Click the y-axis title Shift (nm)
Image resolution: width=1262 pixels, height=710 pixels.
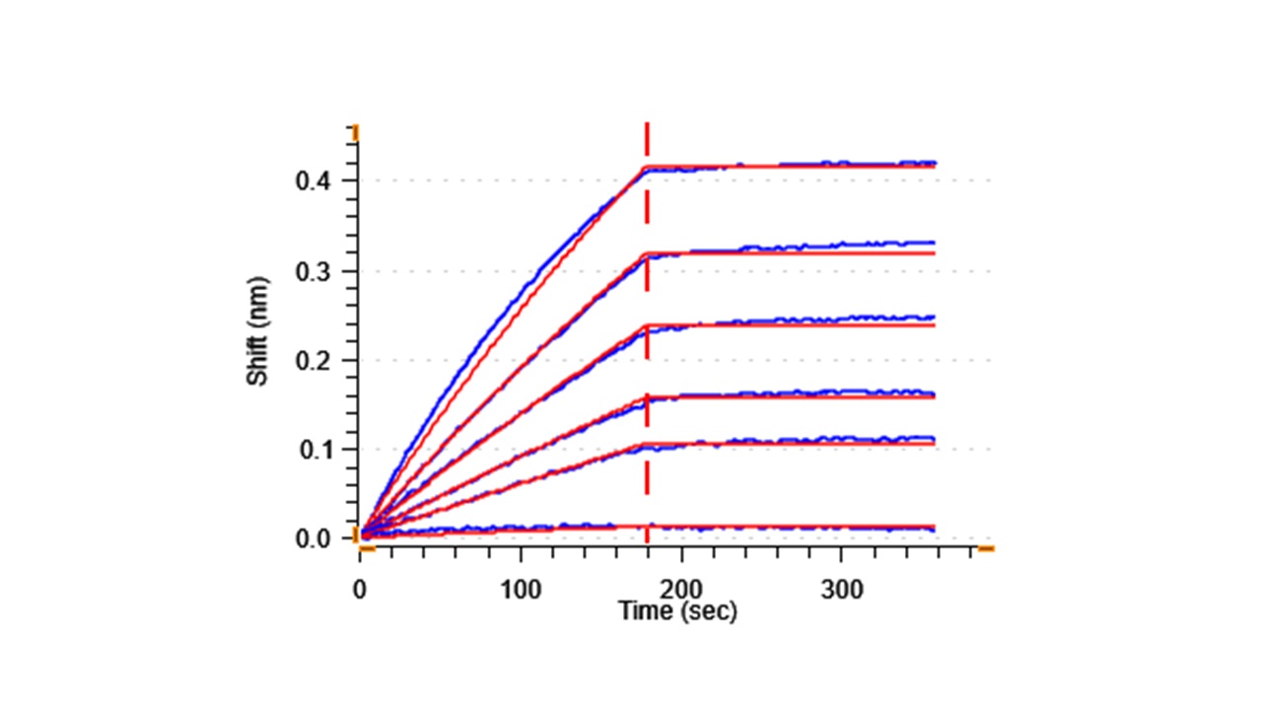[x=258, y=336]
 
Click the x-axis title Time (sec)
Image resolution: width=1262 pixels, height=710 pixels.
[x=677, y=611]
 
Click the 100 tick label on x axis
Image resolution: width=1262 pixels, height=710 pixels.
[x=521, y=590]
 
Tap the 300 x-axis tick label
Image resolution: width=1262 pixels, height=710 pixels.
[x=842, y=590]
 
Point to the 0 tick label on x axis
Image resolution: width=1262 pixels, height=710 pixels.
[x=360, y=590]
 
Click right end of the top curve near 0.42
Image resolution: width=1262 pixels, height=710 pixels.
[x=933, y=163]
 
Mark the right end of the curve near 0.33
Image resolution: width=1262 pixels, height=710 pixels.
[x=933, y=243]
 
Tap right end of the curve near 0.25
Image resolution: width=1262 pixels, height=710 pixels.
[x=933, y=318]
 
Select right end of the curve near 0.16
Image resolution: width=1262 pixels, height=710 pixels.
[x=933, y=393]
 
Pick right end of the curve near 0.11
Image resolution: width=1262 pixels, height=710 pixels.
[x=933, y=439]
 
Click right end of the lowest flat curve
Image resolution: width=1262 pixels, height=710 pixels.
[x=933, y=529]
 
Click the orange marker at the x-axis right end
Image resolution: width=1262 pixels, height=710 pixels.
[x=985, y=548]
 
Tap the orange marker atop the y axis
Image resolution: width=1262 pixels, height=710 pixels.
[x=356, y=132]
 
